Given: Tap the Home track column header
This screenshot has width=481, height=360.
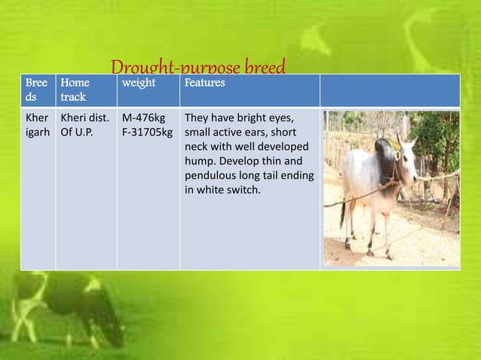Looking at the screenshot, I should (x=75, y=90).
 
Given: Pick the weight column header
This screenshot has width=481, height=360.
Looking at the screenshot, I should (x=139, y=83).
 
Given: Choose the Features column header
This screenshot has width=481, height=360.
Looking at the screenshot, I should (x=204, y=83).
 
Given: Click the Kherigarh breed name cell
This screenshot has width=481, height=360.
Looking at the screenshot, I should (x=37, y=125).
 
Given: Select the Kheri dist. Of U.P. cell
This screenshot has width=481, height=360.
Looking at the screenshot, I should (x=85, y=125).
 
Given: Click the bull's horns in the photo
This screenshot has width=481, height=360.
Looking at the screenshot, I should (x=402, y=141).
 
